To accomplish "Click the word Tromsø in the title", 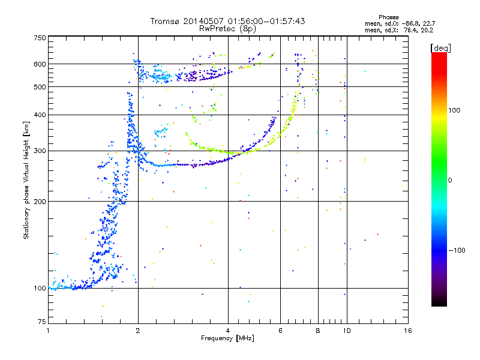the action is (x=166, y=21).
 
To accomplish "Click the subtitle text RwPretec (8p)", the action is (x=227, y=29).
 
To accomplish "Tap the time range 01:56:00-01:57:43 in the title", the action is (x=266, y=21).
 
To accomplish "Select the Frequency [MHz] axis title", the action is (x=227, y=338).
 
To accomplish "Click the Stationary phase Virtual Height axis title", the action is (x=26, y=181).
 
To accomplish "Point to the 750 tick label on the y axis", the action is (x=40, y=38).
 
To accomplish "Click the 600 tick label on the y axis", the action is (x=40, y=64).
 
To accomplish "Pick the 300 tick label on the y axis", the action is (x=40, y=151).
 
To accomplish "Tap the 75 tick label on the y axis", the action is (x=42, y=322).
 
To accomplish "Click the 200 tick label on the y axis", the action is (x=40, y=202).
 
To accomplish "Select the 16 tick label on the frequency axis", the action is (x=408, y=331).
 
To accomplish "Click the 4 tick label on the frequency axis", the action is (x=228, y=331).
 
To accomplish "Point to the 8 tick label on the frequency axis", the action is (x=318, y=331).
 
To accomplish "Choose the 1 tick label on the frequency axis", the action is (x=49, y=331).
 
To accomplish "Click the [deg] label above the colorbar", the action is (x=440, y=48).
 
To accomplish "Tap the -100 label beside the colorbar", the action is (x=457, y=250).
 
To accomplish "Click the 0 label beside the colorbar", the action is (x=450, y=181).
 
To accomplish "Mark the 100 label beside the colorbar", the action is (x=454, y=110).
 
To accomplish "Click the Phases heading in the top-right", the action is (x=388, y=17).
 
